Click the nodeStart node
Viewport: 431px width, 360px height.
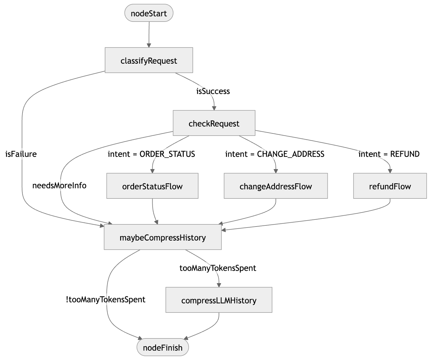149,13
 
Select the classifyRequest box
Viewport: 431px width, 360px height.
149,60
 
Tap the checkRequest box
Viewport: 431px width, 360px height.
214,123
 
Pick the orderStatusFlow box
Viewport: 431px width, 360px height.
152,186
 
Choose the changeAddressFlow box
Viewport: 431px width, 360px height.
276,186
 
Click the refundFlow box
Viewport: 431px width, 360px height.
390,186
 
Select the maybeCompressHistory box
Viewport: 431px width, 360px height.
163,238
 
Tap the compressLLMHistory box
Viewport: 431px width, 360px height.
219,300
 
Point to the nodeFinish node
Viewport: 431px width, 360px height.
163,347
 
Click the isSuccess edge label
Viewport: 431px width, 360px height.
213,91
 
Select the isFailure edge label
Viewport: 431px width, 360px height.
21,154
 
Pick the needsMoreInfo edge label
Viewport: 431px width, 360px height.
59,186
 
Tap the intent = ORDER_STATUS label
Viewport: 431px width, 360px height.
151,154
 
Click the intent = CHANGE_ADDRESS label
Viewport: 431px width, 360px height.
275,154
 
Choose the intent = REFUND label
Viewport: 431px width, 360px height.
389,154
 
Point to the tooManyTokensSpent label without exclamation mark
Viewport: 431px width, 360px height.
218,268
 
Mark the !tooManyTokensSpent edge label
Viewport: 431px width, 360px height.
105,299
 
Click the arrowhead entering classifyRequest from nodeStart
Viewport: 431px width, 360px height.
149,45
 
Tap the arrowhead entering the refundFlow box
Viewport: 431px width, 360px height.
390,171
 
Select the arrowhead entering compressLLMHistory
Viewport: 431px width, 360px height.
219,285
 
